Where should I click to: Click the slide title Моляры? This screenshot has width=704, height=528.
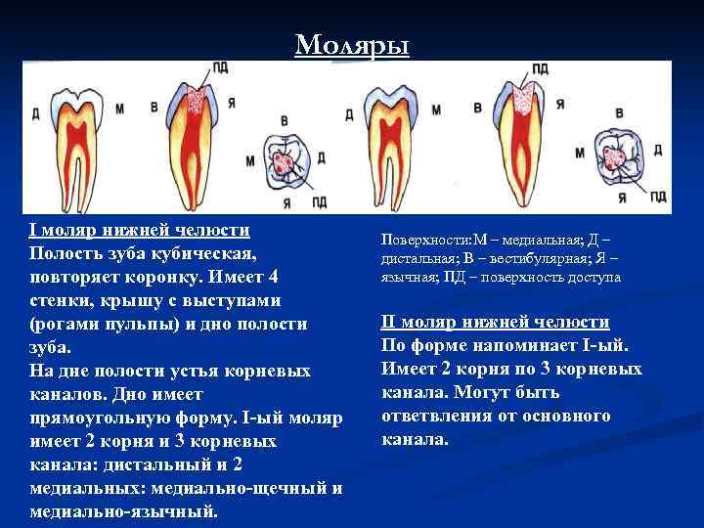click(x=352, y=45)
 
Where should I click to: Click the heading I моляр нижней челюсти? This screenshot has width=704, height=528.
click(x=141, y=231)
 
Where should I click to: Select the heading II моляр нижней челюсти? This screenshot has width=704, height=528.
click(x=495, y=323)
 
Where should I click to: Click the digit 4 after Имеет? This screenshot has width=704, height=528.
click(x=274, y=277)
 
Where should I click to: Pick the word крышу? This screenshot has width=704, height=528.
click(x=122, y=300)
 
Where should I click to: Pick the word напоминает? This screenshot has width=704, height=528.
click(x=537, y=346)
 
